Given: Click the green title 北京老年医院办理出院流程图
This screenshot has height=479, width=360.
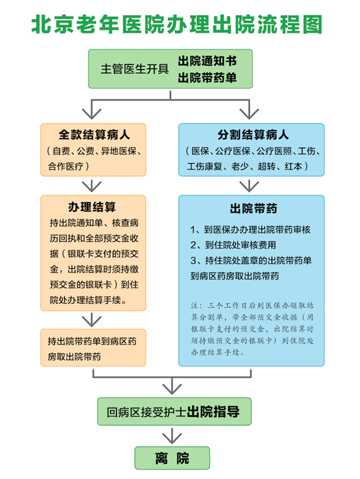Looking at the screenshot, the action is pyautogui.click(x=177, y=25).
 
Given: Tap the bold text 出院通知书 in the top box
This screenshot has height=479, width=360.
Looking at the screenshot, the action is pyautogui.click(x=207, y=61).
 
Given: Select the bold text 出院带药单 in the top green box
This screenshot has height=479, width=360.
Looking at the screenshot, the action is pyautogui.click(x=207, y=78).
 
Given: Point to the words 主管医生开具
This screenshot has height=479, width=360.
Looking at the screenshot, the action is pyautogui.click(x=135, y=69).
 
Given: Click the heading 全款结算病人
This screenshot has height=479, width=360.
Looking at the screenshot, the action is pyautogui.click(x=94, y=135).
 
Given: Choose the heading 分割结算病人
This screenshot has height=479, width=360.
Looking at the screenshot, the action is pyautogui.click(x=253, y=135).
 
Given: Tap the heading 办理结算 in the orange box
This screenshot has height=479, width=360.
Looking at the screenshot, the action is pyautogui.click(x=92, y=207).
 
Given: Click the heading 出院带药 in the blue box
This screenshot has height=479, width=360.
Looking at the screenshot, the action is pyautogui.click(x=253, y=209).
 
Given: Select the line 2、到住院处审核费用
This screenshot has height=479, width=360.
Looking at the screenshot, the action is pyautogui.click(x=233, y=245).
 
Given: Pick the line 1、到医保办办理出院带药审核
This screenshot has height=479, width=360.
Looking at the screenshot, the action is pyautogui.click(x=250, y=229).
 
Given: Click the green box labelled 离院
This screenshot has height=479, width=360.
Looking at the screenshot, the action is pyautogui.click(x=172, y=458).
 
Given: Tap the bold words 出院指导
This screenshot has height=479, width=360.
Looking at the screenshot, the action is pyautogui.click(x=213, y=412).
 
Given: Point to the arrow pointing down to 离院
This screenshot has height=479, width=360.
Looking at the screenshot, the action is pyautogui.click(x=172, y=436).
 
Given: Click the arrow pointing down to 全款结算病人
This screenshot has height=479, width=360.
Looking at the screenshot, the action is pyautogui.click(x=92, y=109).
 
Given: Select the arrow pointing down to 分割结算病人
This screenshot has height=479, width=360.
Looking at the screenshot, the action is pyautogui.click(x=249, y=109).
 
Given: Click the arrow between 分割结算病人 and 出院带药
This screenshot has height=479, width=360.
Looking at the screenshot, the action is pyautogui.click(x=249, y=186).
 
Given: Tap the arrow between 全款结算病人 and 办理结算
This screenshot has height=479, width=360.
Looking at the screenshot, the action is pyautogui.click(x=92, y=186).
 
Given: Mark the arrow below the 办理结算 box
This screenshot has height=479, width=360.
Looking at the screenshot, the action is pyautogui.click(x=92, y=320).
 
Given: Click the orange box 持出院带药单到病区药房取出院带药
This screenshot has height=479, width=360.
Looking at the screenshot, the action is pyautogui.click(x=93, y=348).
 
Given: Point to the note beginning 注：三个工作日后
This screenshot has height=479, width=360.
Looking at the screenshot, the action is pyautogui.click(x=252, y=329).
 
